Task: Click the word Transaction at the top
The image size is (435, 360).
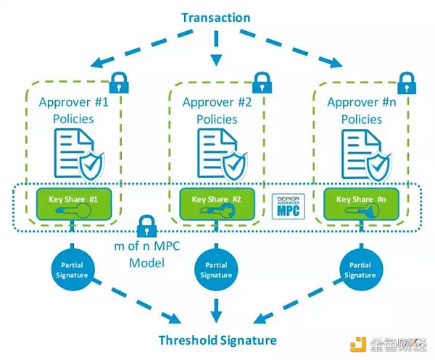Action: (215, 17)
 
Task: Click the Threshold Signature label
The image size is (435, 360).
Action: (217, 340)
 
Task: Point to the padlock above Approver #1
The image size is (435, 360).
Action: (120, 81)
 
